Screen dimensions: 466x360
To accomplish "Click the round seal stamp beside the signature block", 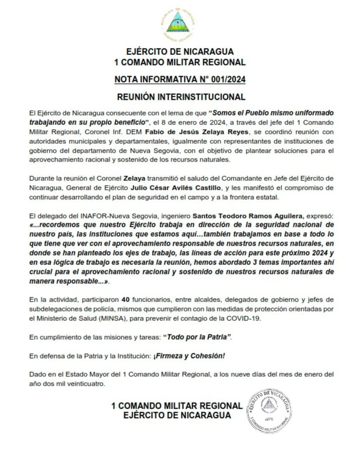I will pos(269,410).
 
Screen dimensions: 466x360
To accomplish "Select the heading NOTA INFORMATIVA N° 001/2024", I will pos(180,79).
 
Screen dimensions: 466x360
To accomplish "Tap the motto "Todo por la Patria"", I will pos(197,337).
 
